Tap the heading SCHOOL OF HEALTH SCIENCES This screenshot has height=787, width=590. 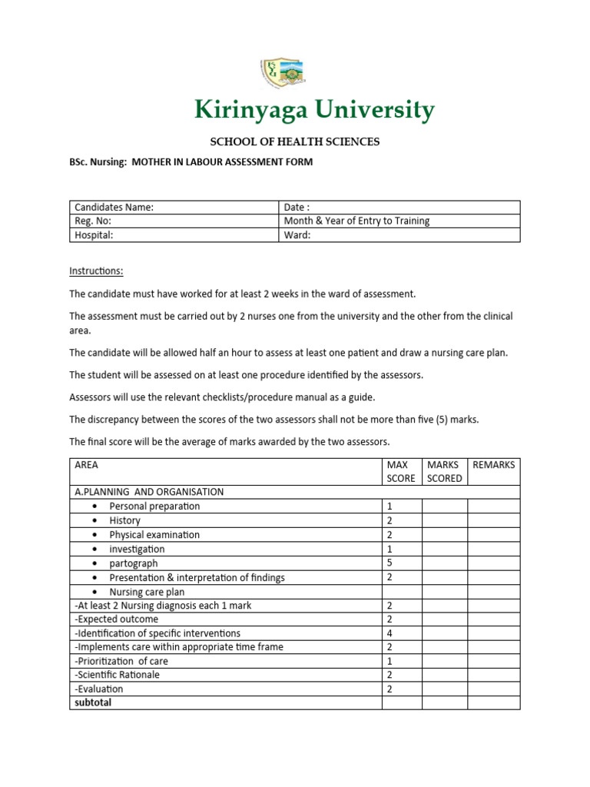(x=295, y=141)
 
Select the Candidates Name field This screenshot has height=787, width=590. (x=113, y=208)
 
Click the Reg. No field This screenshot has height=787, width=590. (x=93, y=221)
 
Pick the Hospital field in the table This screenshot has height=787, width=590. (x=94, y=235)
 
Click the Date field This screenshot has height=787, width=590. (x=298, y=208)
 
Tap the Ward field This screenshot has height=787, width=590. (x=297, y=235)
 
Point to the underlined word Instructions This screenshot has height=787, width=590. (x=96, y=271)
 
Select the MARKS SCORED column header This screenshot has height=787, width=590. (x=444, y=471)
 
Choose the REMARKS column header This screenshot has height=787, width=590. (x=493, y=465)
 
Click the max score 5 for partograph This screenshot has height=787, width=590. (x=389, y=563)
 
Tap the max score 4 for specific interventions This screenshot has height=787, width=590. (x=389, y=633)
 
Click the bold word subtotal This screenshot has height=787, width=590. (x=93, y=702)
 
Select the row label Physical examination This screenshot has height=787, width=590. (x=154, y=535)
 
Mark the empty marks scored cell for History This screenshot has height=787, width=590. (x=444, y=520)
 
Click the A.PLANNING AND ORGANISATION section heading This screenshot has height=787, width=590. (x=149, y=492)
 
